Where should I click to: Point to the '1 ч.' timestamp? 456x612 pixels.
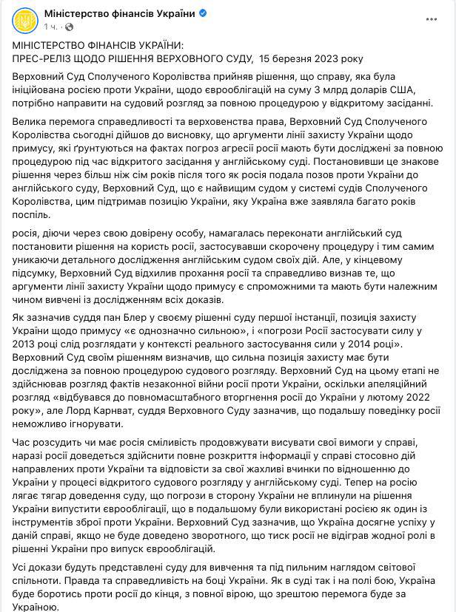(x=50, y=27)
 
